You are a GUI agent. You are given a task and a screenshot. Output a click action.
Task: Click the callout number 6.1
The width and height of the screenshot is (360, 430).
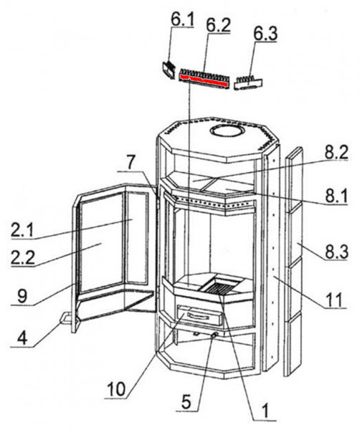[182, 19]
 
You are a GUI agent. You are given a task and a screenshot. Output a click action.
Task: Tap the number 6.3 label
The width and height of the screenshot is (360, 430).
[265, 34]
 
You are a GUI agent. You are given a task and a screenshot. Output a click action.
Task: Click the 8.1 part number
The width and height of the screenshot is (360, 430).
[336, 196]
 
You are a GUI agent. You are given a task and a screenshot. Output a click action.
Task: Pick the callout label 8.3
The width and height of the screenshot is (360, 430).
[336, 252]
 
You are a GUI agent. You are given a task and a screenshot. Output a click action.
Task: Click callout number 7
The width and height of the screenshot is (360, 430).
[131, 163]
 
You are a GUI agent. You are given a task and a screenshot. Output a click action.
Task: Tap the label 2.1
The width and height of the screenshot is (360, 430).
[22, 230]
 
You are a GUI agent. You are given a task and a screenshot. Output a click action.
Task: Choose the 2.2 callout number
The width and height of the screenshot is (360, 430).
[23, 257]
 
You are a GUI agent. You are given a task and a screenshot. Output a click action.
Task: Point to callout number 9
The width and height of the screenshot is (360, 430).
[22, 297]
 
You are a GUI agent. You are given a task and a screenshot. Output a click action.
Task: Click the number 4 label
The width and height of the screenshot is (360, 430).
[22, 338]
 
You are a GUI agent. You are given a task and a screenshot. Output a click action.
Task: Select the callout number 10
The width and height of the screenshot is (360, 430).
[116, 389]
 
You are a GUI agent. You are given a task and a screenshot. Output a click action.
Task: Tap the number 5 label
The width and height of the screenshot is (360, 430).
[186, 402]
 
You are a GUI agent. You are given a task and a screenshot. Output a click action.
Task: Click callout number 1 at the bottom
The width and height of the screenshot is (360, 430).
[265, 411]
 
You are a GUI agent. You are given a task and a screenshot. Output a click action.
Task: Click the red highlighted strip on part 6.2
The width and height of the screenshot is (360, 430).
[204, 80]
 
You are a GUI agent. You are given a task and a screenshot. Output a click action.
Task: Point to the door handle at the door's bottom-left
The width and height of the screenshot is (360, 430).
[66, 319]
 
